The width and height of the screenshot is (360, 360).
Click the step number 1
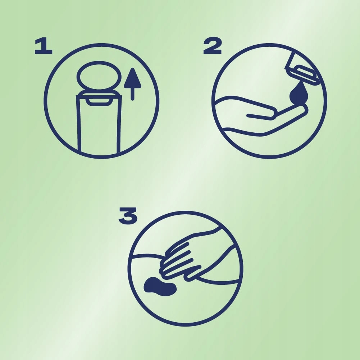coord(44,46)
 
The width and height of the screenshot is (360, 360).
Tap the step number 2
coord(213,46)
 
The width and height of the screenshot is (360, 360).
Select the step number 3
coord(128,216)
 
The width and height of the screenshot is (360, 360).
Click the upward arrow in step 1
coord(132,84)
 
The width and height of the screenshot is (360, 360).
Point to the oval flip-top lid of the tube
coord(99,75)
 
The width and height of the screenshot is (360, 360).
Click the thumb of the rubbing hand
coord(193,274)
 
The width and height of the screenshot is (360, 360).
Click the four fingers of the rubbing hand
coord(177,261)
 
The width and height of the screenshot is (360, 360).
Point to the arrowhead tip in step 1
coord(132,68)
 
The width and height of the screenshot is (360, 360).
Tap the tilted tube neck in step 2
coord(290,60)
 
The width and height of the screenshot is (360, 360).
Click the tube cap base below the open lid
coord(99,95)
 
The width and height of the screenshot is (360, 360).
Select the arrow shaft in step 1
coord(132,94)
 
